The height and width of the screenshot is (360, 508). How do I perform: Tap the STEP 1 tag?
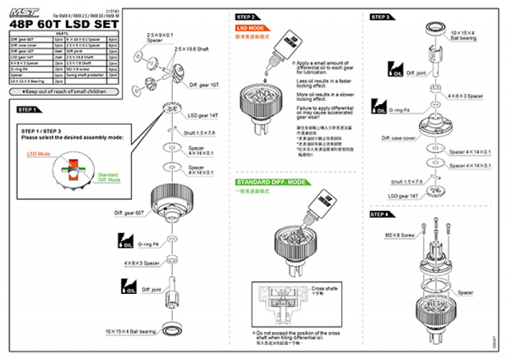[x=27, y=110]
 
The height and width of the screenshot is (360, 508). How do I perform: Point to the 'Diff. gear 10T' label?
[x=203, y=84]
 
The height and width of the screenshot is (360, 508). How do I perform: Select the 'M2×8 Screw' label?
[x=399, y=235]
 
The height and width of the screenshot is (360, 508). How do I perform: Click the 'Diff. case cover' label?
[x=399, y=138]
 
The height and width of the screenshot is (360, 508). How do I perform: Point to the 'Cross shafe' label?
[x=325, y=289]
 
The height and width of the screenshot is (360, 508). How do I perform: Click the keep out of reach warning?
[x=64, y=92]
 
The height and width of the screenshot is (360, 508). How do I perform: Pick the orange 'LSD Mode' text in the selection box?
[x=39, y=154]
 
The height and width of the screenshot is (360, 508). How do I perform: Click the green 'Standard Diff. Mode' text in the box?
[x=109, y=177]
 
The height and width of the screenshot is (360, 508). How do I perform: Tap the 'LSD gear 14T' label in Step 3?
[x=404, y=196]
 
